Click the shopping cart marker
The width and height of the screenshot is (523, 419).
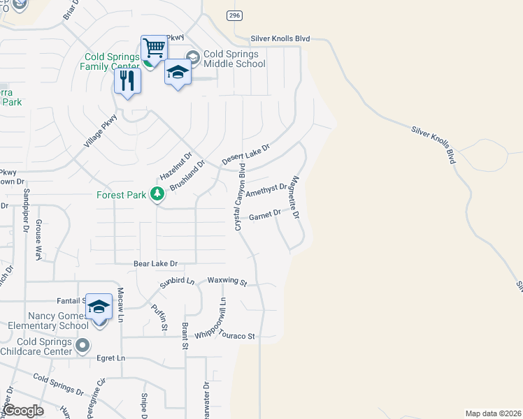pos(154,49)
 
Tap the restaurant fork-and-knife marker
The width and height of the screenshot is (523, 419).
pos(127,80)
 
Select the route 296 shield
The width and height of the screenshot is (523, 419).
pos(233,15)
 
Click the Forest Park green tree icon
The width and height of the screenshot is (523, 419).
pos(157,194)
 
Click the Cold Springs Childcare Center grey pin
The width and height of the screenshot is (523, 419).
pos(83,345)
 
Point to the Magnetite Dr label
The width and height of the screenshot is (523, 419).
pos(295,198)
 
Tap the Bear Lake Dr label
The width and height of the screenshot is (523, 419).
pos(156,264)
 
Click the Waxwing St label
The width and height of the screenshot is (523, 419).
pos(227,282)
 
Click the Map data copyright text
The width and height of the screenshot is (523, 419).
pos(493,413)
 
